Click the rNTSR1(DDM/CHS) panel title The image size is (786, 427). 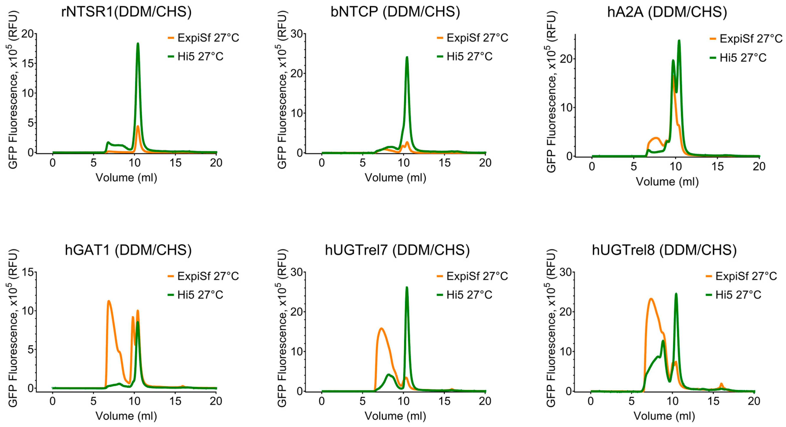pyautogui.click(x=126, y=12)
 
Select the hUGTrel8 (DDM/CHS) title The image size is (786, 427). pyautogui.click(x=664, y=250)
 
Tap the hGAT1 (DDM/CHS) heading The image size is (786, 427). pyautogui.click(x=128, y=250)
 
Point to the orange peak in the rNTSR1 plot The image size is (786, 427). pyautogui.click(x=138, y=126)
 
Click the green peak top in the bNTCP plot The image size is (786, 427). pyautogui.click(x=407, y=58)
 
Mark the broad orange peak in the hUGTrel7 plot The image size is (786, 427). pyautogui.click(x=381, y=329)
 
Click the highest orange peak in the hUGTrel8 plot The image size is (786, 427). pyautogui.click(x=651, y=299)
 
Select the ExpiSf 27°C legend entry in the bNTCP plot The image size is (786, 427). pyautogui.click(x=472, y=38)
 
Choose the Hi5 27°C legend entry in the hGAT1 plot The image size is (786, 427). pyautogui.click(x=195, y=295)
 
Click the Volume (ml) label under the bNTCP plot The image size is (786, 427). pyautogui.click(x=395, y=178)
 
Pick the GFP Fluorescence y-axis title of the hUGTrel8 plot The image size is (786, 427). pyautogui.click(x=551, y=328)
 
